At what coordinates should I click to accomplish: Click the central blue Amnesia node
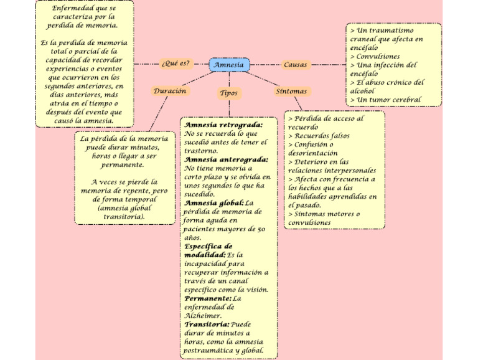[x=228, y=65]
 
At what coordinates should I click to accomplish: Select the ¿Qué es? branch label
[x=176, y=64]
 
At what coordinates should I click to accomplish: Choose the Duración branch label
[x=170, y=91]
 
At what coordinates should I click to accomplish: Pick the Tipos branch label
[x=228, y=93]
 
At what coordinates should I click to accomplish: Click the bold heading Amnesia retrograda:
[x=223, y=125]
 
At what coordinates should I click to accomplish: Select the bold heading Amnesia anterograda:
[x=227, y=159]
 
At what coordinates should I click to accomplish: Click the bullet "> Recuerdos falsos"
[x=319, y=135]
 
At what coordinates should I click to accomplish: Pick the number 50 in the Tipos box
[x=261, y=229]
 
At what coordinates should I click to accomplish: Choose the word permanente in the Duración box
[x=123, y=165]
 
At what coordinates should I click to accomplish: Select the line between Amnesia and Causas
[x=263, y=65]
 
